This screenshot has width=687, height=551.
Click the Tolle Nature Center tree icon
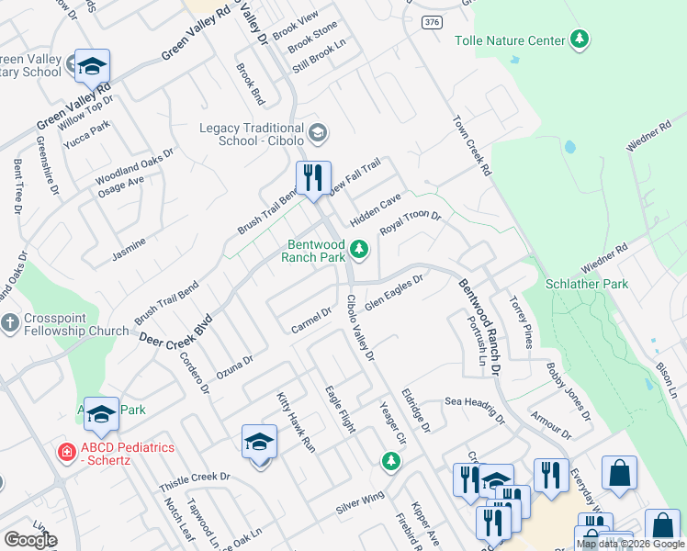[579, 39]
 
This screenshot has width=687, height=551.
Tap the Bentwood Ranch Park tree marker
[360, 248]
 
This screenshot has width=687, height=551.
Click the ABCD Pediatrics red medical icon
[66, 452]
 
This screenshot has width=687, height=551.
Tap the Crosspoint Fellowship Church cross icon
[10, 323]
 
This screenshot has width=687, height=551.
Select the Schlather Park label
[588, 284]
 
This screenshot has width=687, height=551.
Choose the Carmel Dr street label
[310, 320]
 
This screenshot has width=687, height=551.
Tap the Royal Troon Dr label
[411, 223]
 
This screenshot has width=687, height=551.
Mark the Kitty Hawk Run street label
[296, 422]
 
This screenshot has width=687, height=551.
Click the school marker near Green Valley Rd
[92, 65]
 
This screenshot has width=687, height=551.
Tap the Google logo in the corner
[30, 540]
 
